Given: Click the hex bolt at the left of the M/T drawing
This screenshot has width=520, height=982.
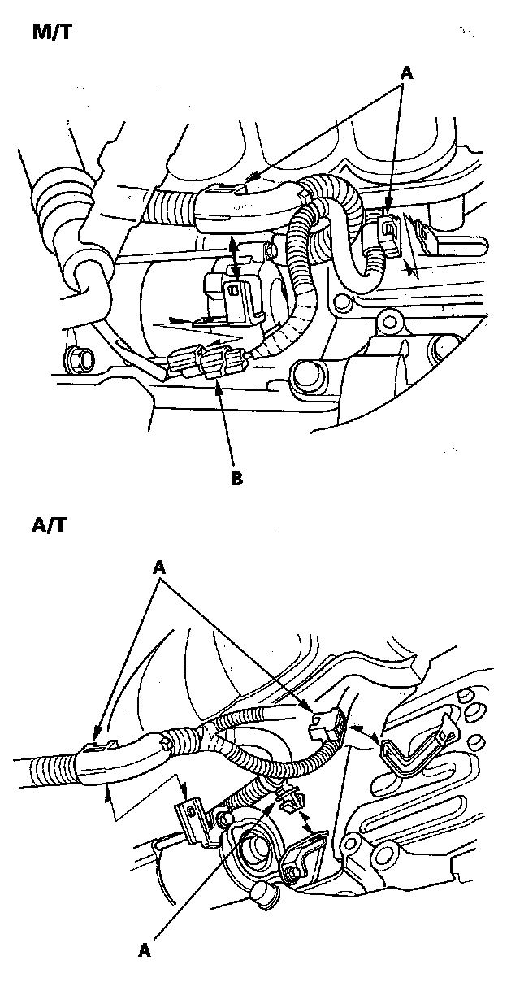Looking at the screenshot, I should point(80,355).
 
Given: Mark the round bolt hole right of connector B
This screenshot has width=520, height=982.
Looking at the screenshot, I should point(306,374).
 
